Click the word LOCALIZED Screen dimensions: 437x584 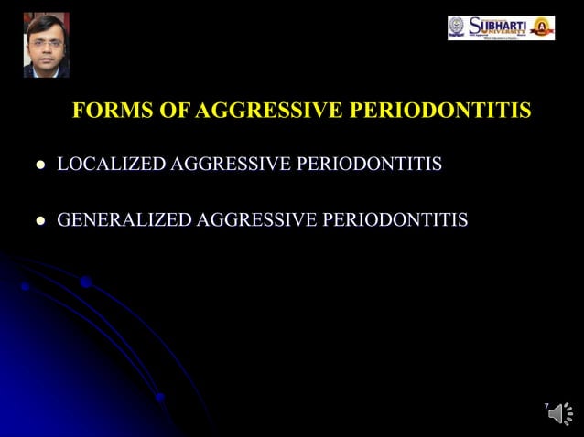(x=110, y=165)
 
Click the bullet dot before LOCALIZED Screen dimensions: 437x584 (x=39, y=165)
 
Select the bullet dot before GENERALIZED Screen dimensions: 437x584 (x=39, y=221)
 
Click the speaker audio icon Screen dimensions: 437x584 (x=560, y=414)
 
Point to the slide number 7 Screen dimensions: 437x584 (x=546, y=406)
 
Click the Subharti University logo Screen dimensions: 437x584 (x=501, y=27)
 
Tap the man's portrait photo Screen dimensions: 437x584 (x=46, y=45)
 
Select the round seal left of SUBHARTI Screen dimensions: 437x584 (x=457, y=26)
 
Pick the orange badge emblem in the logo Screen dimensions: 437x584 (x=542, y=27)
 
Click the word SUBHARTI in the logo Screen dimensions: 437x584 (x=498, y=25)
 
